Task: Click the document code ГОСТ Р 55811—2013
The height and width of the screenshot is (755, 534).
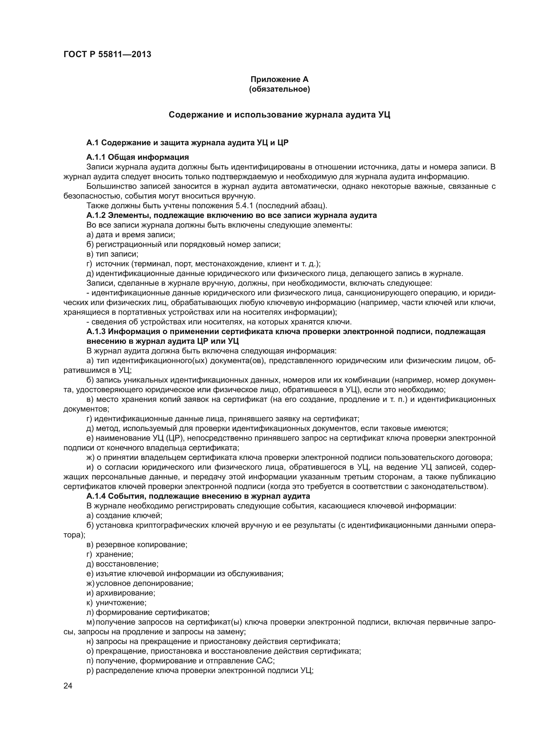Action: pos(107,55)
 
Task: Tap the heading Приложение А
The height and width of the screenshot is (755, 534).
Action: pos(279,79)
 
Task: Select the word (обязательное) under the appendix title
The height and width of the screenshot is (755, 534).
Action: pos(279,89)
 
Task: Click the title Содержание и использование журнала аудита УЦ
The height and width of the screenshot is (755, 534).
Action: pos(279,115)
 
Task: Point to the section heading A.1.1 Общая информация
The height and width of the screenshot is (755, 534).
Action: pos(138,157)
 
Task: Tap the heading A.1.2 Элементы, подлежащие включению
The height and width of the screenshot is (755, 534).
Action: pos(231,215)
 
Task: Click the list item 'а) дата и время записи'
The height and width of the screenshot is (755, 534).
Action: pos(130,235)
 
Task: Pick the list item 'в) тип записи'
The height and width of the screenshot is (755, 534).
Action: pos(112,254)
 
